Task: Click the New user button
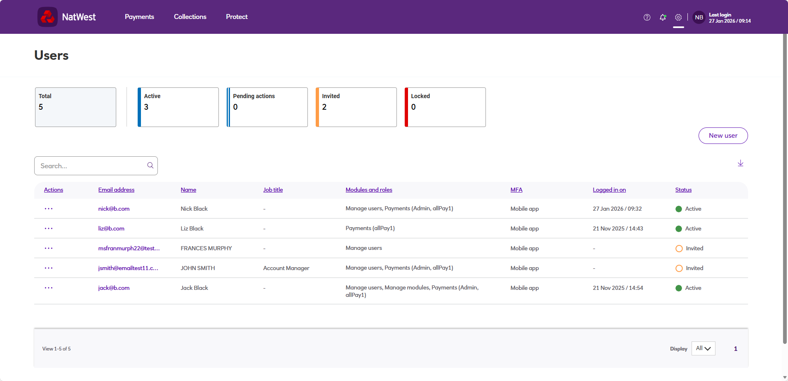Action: (x=723, y=136)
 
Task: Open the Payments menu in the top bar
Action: (x=139, y=17)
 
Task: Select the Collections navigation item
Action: (x=190, y=17)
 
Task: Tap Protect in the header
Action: (x=237, y=17)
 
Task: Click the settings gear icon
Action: (x=678, y=17)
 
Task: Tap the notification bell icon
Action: (x=663, y=17)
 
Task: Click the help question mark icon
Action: (x=647, y=17)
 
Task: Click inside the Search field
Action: (x=93, y=166)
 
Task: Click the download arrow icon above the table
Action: (x=741, y=163)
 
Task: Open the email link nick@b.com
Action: (x=114, y=209)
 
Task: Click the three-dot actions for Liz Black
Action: (x=49, y=228)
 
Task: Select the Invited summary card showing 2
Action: (x=356, y=107)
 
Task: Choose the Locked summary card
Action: (x=445, y=107)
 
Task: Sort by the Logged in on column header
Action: (x=609, y=190)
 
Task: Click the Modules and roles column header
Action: (x=369, y=190)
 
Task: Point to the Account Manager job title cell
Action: (x=286, y=268)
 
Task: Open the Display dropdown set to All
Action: (x=703, y=348)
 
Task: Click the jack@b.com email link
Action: (x=114, y=288)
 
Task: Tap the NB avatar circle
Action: (x=699, y=17)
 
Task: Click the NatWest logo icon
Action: (x=47, y=17)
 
